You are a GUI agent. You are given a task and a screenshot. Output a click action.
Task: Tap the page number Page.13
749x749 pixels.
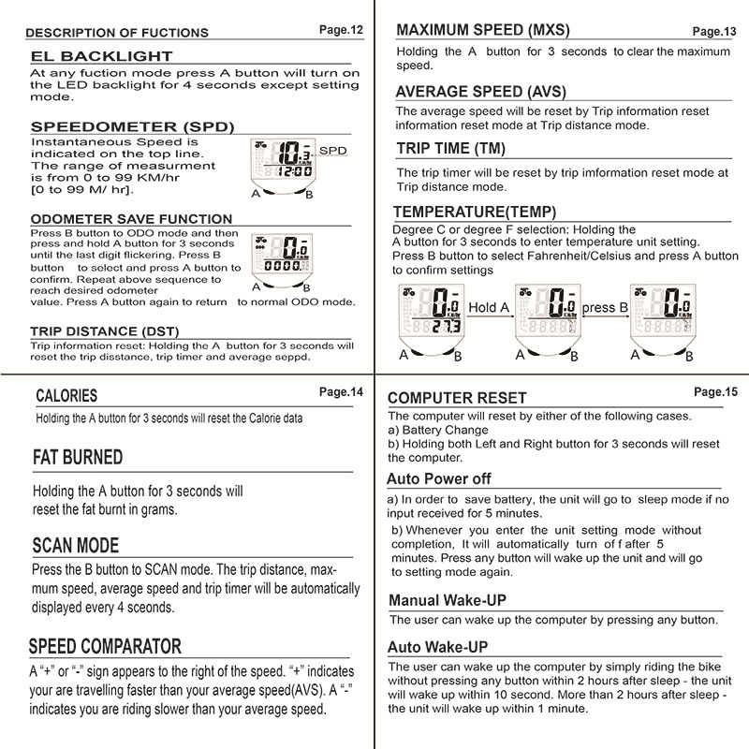coord(714,30)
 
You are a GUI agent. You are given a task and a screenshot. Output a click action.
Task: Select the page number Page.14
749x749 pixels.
coord(340,392)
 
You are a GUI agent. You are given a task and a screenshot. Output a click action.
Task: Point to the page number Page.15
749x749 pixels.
coord(716,391)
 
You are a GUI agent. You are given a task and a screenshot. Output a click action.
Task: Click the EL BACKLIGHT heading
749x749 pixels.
coord(102,56)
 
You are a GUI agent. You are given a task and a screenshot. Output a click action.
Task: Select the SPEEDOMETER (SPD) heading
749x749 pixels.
coord(132,126)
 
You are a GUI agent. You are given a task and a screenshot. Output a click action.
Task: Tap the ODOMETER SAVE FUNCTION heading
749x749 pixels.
coord(131,219)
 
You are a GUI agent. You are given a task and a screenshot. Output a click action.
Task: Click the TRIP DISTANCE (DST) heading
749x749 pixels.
coord(104,330)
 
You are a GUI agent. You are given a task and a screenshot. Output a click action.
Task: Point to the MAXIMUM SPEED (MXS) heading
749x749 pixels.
coord(483,29)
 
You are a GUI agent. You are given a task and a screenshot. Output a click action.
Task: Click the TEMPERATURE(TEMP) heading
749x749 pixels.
coord(475,212)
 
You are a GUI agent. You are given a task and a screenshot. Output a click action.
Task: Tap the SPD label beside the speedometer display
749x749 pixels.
coord(332,150)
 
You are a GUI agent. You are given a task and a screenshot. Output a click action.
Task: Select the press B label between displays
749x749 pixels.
coord(598,307)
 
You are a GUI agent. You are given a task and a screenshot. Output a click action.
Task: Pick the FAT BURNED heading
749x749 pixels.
coord(78,458)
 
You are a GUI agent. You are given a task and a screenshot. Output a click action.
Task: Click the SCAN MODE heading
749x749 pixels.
coord(76,546)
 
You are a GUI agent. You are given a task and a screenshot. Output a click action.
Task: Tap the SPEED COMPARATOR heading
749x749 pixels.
coord(105,646)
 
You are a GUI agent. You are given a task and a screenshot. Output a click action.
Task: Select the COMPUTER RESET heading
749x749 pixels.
coord(470,398)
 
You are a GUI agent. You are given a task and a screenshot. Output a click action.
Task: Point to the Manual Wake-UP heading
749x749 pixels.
coord(453,600)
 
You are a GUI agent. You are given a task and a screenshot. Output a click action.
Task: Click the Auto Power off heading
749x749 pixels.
coord(439,478)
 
